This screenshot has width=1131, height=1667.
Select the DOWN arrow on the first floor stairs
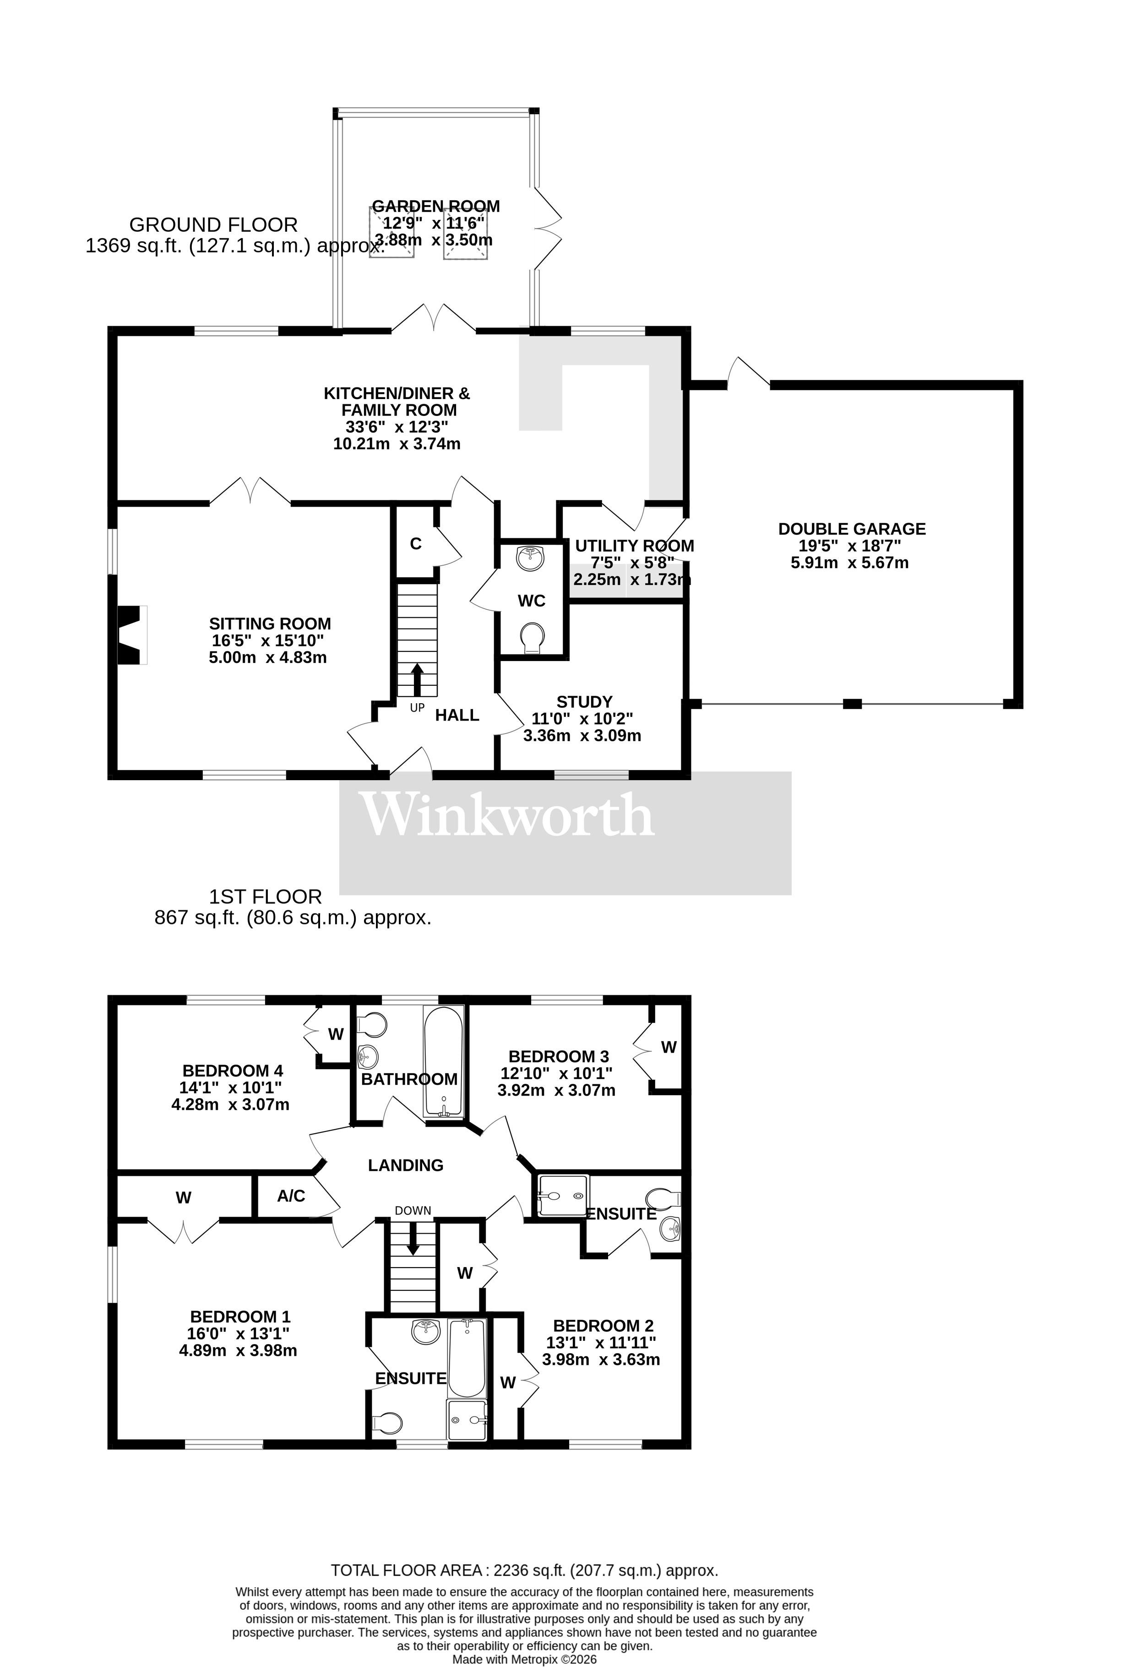tap(413, 1241)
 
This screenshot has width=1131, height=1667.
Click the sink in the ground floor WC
tap(531, 557)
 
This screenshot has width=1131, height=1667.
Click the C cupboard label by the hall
tap(416, 544)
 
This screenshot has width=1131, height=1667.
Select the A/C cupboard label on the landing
tap(291, 1196)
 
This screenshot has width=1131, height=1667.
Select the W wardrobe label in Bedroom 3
tap(669, 1047)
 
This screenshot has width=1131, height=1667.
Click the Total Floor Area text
tap(523, 1571)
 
